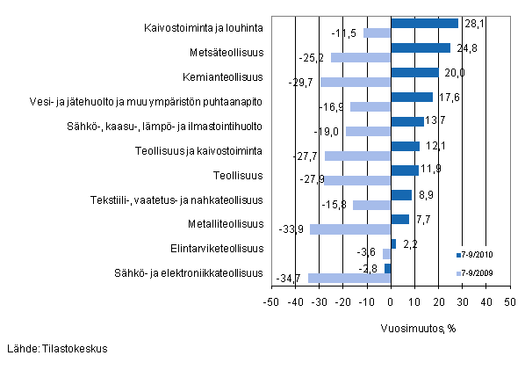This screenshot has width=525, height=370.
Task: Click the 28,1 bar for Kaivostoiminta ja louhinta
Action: [424, 24]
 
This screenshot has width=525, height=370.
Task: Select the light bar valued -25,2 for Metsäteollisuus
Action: [361, 58]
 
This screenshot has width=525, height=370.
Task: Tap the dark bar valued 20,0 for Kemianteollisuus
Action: [414, 72]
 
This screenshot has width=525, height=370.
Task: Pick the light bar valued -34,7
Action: [349, 278]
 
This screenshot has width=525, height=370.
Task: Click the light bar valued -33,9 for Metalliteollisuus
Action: [350, 229]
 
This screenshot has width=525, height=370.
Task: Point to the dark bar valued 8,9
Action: [400, 195]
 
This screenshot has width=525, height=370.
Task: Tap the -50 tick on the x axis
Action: [271, 301]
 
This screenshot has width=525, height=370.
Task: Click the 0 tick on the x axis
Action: [391, 301]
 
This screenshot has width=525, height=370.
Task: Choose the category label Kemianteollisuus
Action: [224, 76]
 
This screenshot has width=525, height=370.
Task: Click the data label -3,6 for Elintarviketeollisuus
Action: [370, 254]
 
